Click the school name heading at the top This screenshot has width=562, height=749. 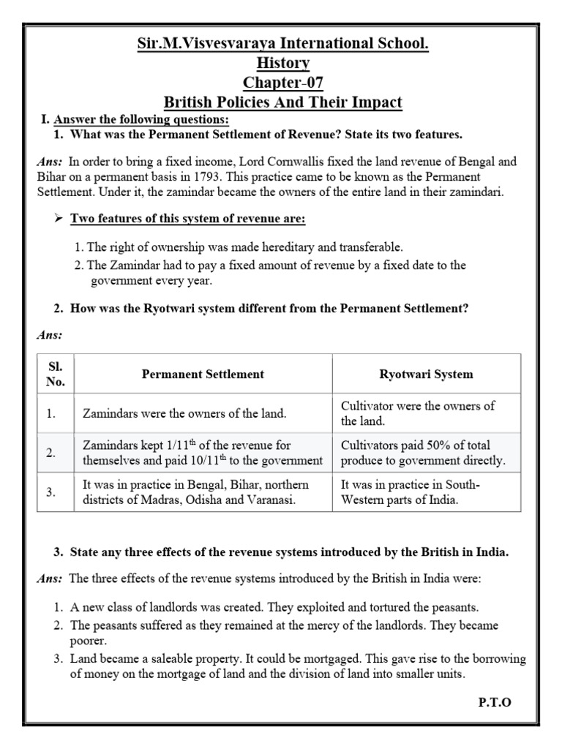282,44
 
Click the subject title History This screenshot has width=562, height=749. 282,64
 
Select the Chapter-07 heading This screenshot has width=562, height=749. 282,83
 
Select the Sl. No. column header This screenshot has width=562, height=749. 56,374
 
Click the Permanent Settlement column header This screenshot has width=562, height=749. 203,374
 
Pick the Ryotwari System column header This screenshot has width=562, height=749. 426,374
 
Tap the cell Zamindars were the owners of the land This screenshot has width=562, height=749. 184,413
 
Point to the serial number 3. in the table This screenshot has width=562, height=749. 50,492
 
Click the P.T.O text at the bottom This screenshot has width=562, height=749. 495,702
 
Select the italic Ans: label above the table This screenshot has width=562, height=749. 50,335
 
